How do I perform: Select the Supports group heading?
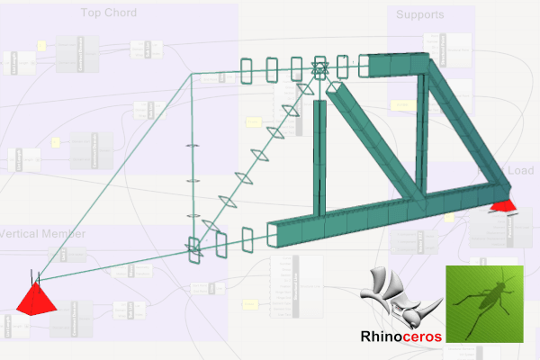click(x=419, y=15)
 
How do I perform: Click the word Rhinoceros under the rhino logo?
click(x=400, y=337)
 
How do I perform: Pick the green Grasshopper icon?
click(x=484, y=302)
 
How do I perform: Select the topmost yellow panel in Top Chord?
click(x=41, y=45)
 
